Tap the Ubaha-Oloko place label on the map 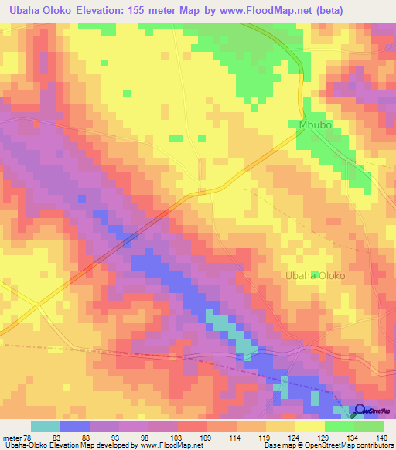314,275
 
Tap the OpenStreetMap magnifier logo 360,411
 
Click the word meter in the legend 12,438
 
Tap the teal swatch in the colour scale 46,426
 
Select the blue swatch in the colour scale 75,426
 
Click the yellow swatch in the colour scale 310,426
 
